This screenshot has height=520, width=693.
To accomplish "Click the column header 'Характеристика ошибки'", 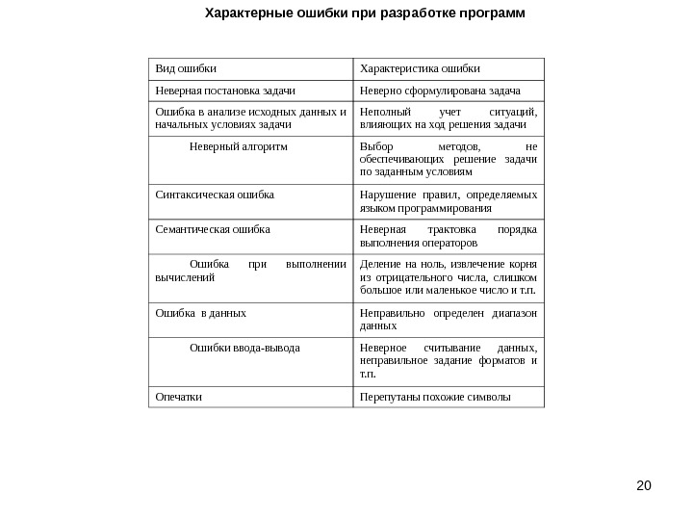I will click(x=419, y=69).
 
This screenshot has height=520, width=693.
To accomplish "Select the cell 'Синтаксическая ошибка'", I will click(x=215, y=195).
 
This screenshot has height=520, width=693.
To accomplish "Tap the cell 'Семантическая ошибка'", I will click(x=213, y=230).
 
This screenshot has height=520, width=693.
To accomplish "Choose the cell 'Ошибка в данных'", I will click(x=200, y=313).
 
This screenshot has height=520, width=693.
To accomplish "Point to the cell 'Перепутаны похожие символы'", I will click(x=435, y=396).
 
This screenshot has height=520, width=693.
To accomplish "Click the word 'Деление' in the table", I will click(x=378, y=265).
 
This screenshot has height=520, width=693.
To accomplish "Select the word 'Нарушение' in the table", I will click(x=385, y=195).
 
